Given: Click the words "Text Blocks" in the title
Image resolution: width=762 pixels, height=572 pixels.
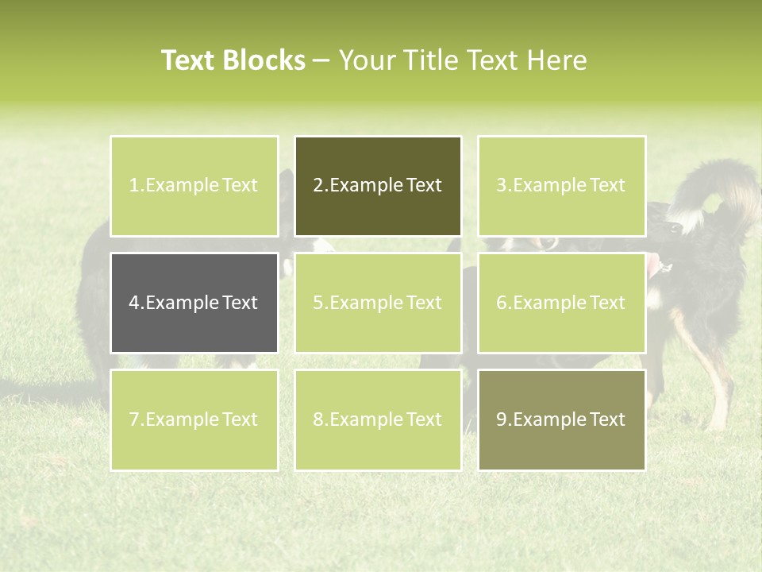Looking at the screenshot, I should click(233, 60).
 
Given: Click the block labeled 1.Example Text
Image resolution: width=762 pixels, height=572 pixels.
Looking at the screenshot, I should click(194, 186).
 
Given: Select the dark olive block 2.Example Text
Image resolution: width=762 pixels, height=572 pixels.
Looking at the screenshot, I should click(378, 186).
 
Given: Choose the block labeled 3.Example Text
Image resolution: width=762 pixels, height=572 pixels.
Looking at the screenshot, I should click(561, 186).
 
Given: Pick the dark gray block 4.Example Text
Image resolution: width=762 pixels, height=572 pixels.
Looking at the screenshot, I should click(194, 303).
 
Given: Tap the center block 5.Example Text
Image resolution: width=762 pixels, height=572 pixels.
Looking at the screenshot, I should click(378, 303).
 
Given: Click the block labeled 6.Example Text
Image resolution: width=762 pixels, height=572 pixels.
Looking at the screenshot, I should click(561, 303).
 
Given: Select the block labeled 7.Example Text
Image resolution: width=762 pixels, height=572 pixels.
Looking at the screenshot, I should click(194, 419).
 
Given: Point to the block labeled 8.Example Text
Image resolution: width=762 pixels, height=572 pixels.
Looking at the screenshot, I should click(378, 419).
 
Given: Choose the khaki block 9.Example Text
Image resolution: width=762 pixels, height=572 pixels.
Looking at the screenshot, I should click(561, 419).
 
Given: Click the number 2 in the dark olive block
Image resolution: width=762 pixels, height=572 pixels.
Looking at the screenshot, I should click(317, 186).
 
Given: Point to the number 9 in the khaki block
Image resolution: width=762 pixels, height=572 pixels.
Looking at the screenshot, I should click(501, 419).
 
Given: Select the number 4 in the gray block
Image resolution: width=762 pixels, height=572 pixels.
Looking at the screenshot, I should click(134, 303).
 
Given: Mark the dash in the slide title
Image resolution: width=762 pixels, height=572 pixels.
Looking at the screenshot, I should click(321, 61).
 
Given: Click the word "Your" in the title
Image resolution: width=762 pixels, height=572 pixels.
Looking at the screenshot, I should click(365, 60).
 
